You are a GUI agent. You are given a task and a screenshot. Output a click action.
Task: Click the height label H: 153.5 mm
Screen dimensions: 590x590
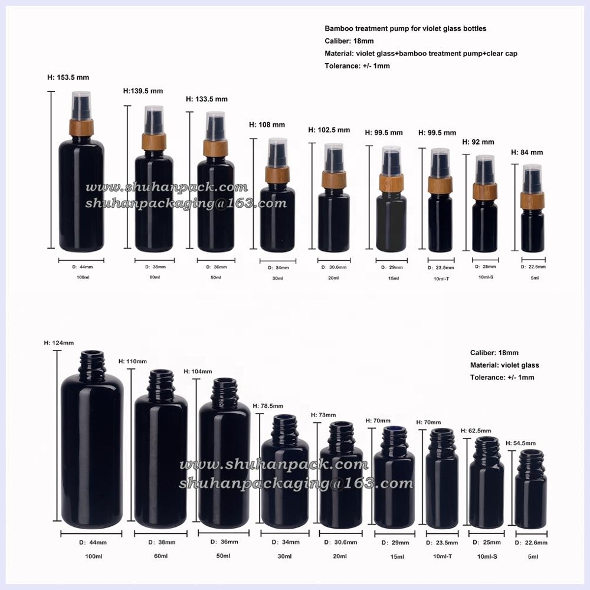[x=68, y=77]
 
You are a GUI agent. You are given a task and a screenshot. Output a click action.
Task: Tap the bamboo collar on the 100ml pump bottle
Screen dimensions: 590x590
[x=81, y=127]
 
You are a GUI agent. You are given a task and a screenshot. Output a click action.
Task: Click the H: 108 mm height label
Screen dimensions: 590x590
[x=267, y=125]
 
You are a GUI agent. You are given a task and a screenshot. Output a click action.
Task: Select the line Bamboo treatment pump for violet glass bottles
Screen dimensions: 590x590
[x=405, y=28]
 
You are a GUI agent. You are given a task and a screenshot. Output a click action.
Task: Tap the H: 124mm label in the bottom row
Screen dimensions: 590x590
[x=59, y=343]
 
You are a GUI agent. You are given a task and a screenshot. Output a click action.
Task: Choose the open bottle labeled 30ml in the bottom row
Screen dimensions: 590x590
[x=284, y=472]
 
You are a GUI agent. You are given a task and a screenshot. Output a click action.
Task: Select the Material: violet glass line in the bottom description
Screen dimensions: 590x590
[x=504, y=365]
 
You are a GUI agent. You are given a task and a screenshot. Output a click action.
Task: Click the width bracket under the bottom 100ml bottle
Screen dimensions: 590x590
[x=92, y=533]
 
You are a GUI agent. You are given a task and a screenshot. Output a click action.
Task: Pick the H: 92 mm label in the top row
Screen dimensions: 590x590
[x=478, y=142]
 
